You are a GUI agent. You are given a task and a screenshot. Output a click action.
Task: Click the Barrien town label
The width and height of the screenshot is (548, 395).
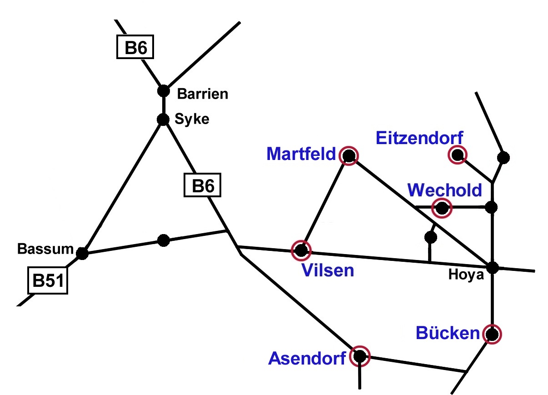[202, 94]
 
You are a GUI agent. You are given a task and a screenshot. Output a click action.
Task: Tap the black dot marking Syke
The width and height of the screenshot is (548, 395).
[163, 120]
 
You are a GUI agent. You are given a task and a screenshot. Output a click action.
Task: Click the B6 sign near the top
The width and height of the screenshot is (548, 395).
[135, 47]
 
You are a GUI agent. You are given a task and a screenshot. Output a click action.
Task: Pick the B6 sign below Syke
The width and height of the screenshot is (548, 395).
[202, 186]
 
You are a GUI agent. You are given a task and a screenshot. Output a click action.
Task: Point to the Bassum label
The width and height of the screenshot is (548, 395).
[45, 249]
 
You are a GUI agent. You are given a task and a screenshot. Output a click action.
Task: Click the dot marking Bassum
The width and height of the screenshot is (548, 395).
[82, 253]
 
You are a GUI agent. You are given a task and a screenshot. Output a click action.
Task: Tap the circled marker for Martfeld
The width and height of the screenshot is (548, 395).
[349, 156]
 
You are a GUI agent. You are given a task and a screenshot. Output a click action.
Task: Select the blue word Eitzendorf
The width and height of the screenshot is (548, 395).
[420, 138]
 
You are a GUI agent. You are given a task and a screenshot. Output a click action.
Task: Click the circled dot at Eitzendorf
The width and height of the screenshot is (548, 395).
[457, 155]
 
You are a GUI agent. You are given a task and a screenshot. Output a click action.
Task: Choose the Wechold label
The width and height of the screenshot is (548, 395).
[444, 190]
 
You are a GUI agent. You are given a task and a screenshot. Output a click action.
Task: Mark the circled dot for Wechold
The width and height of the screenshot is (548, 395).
[441, 208]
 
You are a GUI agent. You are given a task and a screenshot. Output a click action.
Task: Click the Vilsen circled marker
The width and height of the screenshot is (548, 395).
[301, 250]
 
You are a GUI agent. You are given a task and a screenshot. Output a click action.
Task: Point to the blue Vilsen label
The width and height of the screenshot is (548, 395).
[328, 270]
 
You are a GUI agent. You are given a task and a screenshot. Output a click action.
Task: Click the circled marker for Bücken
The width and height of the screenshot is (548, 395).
[492, 334]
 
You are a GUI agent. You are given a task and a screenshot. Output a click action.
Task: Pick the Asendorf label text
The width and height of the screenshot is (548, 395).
[307, 358]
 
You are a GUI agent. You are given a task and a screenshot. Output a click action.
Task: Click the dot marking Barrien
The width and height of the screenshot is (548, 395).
[163, 90]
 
